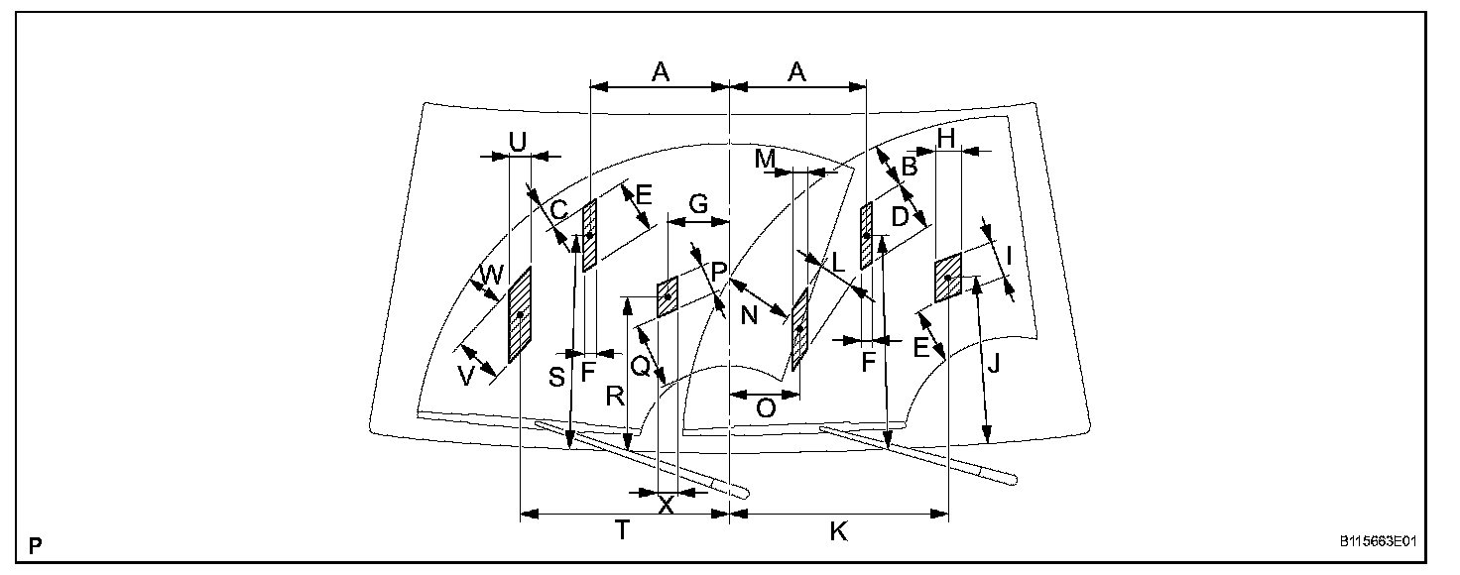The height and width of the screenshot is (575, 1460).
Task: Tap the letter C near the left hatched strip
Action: (558, 209)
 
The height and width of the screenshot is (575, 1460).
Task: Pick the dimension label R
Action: (615, 398)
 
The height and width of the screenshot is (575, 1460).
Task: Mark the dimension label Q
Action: (641, 367)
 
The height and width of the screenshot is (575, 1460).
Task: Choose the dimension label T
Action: (622, 530)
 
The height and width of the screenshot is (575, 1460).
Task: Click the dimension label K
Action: (838, 531)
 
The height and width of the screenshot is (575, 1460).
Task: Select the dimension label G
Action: (698, 205)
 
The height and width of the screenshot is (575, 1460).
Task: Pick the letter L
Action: (838, 264)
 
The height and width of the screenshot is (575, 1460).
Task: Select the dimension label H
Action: (945, 139)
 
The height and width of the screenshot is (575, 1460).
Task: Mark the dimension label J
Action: (993, 365)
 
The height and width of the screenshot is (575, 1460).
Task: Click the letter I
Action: (1009, 256)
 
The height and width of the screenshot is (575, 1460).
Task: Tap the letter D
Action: (900, 215)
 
